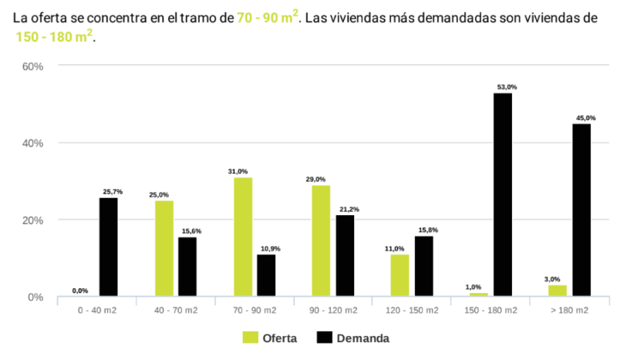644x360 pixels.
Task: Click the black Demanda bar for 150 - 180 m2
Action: (x=503, y=194)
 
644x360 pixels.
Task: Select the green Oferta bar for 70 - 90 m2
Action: (x=243, y=237)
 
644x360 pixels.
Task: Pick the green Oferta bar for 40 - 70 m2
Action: (x=164, y=248)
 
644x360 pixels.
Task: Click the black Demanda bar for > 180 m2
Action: (x=582, y=210)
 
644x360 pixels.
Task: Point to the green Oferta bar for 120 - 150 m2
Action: (x=400, y=275)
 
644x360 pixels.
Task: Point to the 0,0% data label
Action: (x=80, y=291)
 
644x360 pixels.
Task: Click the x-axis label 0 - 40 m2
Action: (x=96, y=310)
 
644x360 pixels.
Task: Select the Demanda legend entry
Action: (x=353, y=338)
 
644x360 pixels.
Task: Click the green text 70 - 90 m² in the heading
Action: (x=267, y=17)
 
